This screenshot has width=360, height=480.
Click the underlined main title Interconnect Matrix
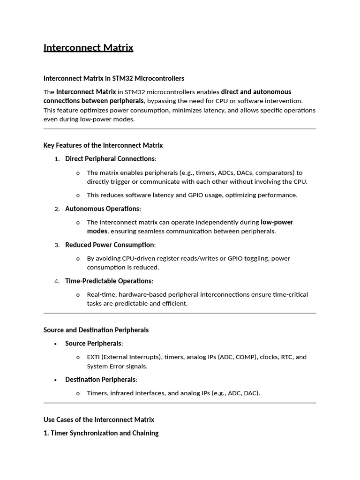pyautogui.click(x=88, y=48)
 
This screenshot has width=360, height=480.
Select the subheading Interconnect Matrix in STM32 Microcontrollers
pyautogui.click(x=113, y=78)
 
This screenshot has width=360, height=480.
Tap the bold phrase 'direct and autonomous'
pyautogui.click(x=256, y=92)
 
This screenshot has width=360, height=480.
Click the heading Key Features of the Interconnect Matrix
pyautogui.click(x=103, y=145)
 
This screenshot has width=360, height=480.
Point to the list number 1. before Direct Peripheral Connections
pyautogui.click(x=57, y=159)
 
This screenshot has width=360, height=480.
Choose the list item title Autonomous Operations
pyautogui.click(x=102, y=209)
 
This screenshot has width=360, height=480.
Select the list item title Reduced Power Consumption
pyautogui.click(x=110, y=245)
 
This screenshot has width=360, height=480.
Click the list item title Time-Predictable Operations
pyautogui.click(x=109, y=281)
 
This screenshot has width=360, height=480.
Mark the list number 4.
pyautogui.click(x=57, y=281)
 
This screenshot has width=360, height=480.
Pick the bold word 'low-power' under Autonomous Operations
pyautogui.click(x=277, y=222)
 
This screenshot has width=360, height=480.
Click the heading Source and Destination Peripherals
pyautogui.click(x=96, y=330)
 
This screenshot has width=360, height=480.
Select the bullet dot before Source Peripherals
pyautogui.click(x=55, y=344)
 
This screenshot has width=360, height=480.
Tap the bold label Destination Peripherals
pyautogui.click(x=101, y=380)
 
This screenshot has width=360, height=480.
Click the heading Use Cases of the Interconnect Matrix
pyautogui.click(x=99, y=420)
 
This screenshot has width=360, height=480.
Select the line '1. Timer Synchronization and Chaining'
pyautogui.click(x=101, y=433)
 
